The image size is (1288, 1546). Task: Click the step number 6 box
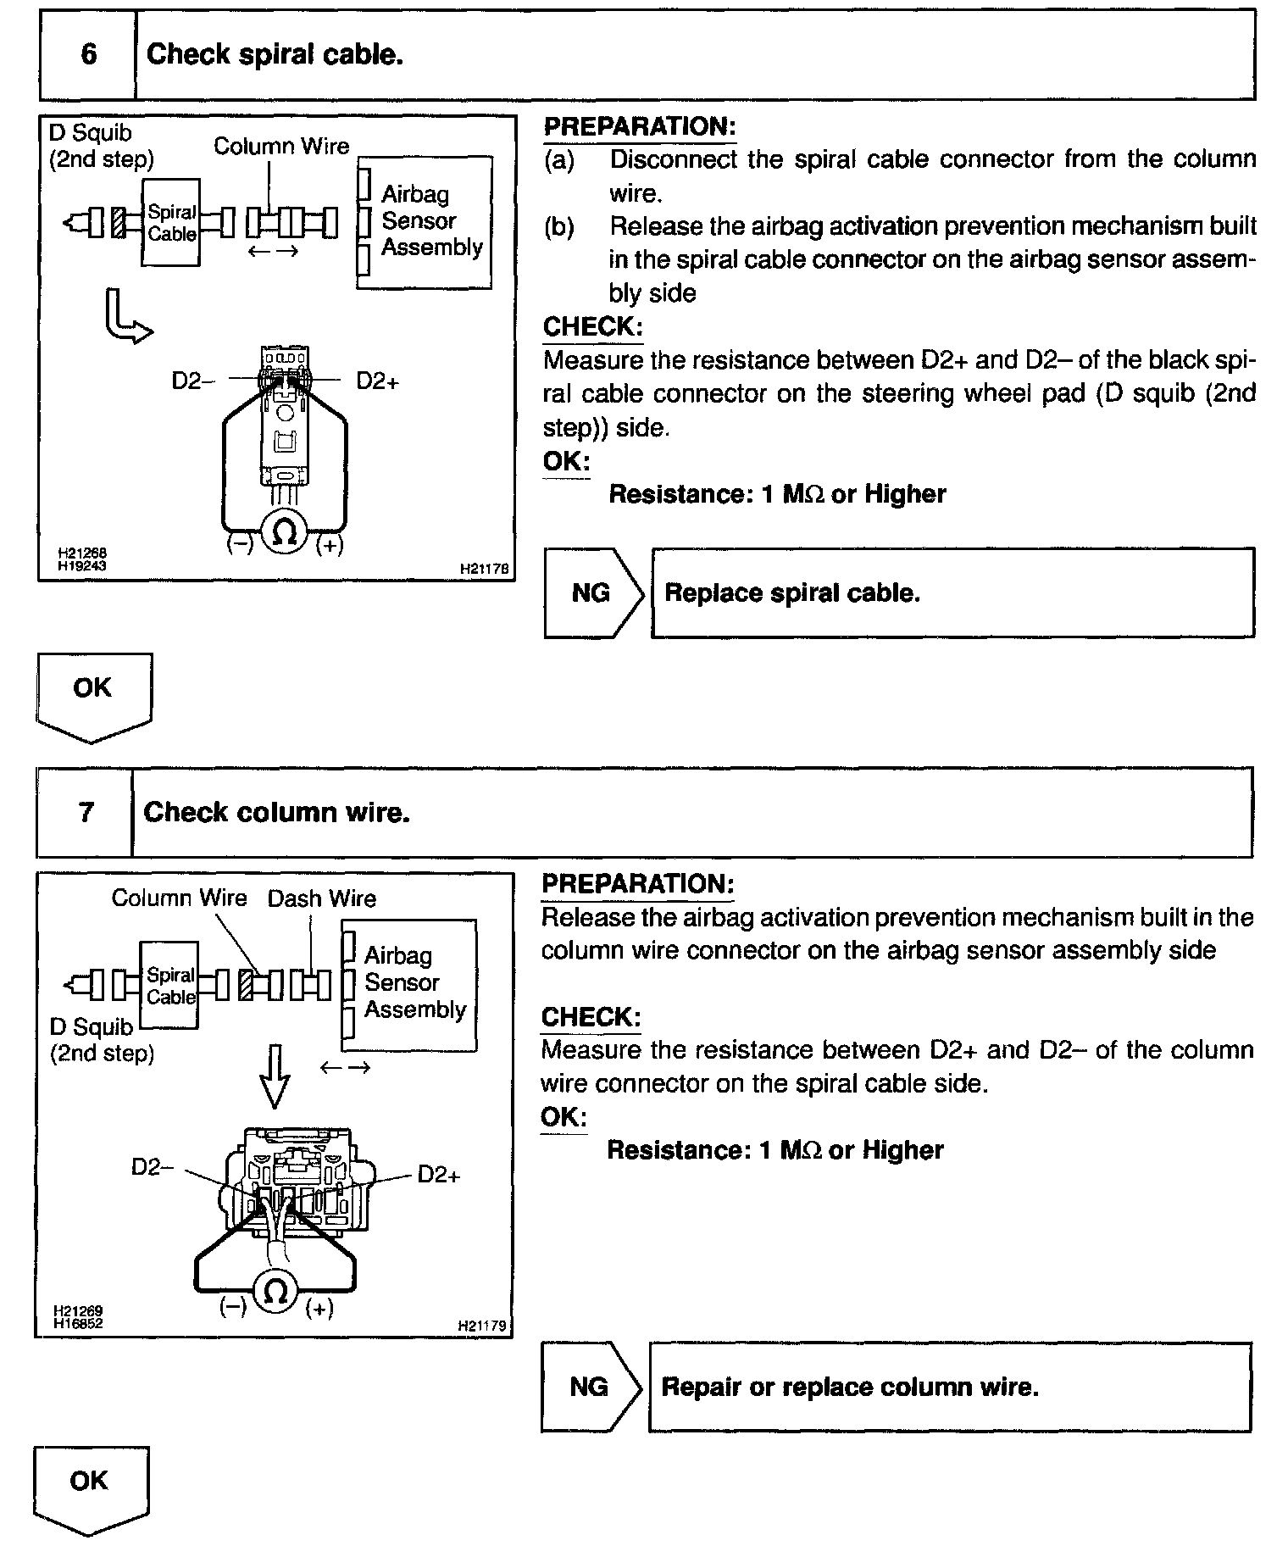pos(88,55)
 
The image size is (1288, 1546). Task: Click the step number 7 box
pos(86,812)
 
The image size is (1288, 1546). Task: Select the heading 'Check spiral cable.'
pos(275,55)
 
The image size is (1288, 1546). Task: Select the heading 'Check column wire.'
pos(277,812)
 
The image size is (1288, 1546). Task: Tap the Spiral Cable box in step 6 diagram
pos(171,223)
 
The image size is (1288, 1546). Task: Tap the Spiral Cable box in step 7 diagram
pos(169,985)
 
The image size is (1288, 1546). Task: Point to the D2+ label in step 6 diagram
pos(377,381)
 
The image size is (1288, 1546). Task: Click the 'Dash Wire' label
pos(322,898)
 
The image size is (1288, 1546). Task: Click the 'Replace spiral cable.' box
pos(952,593)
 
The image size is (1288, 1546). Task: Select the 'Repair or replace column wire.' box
pos(949,1387)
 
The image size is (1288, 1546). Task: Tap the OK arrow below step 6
pos(93,695)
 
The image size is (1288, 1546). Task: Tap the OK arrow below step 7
pos(91,1488)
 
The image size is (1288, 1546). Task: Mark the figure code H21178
pos(485,570)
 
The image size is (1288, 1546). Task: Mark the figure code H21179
pos(483,1326)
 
